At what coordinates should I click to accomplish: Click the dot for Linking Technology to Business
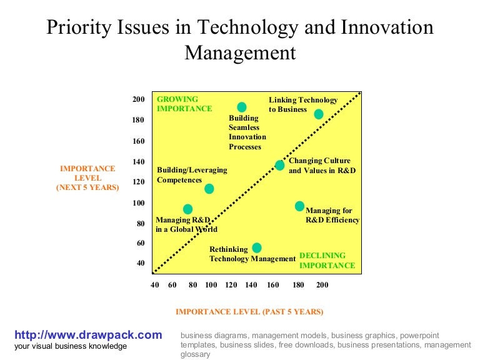[x=319, y=114]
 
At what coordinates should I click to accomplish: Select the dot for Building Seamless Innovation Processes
[x=242, y=107]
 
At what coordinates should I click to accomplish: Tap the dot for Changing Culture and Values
[x=279, y=165]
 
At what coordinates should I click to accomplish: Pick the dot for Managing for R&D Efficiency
[x=299, y=206]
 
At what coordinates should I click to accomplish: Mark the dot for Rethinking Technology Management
[x=256, y=247]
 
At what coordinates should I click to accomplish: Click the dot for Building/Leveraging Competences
[x=209, y=188]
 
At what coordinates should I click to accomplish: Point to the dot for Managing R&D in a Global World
[x=187, y=209]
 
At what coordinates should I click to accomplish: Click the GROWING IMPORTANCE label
[x=184, y=104]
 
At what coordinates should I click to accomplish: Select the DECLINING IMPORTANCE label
[x=327, y=261]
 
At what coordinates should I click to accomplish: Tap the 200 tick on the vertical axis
[x=138, y=99]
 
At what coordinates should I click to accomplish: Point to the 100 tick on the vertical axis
[x=138, y=203]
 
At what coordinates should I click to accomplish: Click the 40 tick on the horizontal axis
[x=155, y=285]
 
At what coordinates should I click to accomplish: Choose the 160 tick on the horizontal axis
[x=273, y=285]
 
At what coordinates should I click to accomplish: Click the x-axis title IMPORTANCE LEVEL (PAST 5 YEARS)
[x=249, y=311]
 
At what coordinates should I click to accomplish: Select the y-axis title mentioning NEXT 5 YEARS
[x=87, y=177]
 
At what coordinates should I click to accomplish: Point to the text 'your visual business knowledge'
[x=71, y=346]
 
